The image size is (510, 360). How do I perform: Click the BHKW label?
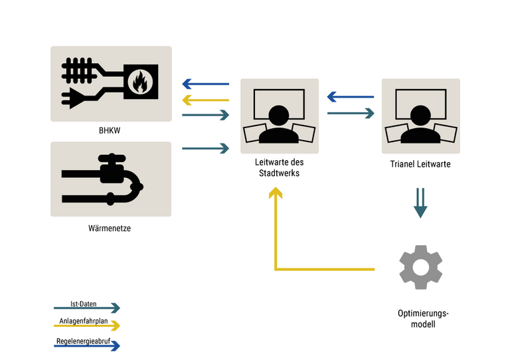tap(110, 131)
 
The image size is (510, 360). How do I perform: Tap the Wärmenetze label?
tap(110, 228)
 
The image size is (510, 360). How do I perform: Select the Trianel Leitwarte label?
tap(421, 163)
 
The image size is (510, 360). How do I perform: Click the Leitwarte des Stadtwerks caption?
tap(279, 167)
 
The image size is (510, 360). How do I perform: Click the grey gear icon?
tap(420, 267)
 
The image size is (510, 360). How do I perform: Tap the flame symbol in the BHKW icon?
tap(140, 82)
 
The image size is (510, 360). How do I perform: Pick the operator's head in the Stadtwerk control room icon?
tap(278, 116)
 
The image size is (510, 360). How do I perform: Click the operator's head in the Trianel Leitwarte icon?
tap(420, 116)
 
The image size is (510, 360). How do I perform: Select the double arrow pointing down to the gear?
tap(420, 203)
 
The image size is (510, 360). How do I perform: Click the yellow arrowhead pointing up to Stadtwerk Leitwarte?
tap(276, 192)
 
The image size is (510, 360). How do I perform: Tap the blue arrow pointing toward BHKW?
tap(205, 84)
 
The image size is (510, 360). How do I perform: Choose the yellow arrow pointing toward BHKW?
tap(205, 100)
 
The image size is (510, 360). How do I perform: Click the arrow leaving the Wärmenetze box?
tap(205, 148)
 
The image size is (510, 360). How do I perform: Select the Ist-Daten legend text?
tap(84, 304)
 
